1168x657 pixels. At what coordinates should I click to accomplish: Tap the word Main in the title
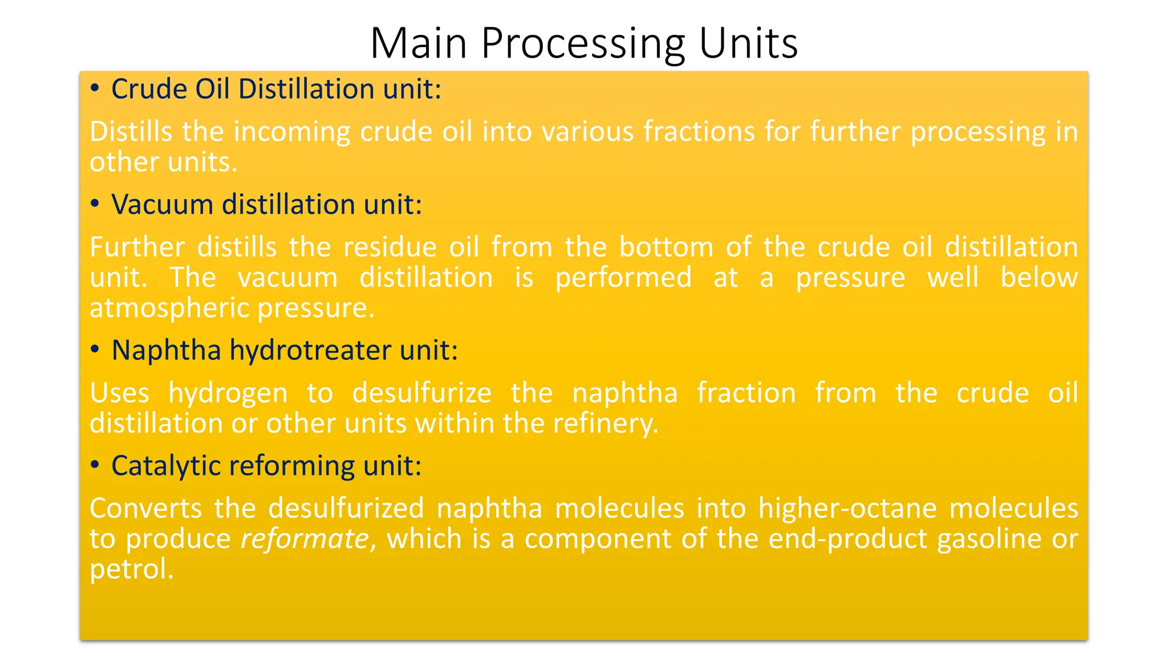(418, 44)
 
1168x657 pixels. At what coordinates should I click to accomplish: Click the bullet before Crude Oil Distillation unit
(95, 88)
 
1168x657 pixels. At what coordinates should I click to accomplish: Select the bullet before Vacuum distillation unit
(95, 204)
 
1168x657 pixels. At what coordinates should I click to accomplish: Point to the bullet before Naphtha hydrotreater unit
(95, 349)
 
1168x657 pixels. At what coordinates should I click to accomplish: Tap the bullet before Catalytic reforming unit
(95, 465)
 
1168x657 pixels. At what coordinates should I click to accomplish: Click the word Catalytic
(166, 466)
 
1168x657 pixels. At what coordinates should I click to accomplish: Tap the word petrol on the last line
(131, 569)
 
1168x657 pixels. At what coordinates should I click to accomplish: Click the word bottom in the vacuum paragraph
(666, 247)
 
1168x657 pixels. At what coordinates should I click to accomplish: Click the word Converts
(145, 508)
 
